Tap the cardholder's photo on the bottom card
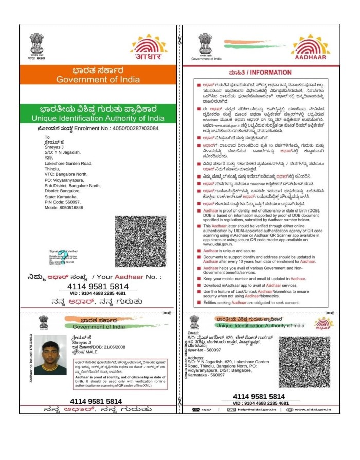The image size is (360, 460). (x=54, y=357)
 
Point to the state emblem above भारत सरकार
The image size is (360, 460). (x=36, y=42)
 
